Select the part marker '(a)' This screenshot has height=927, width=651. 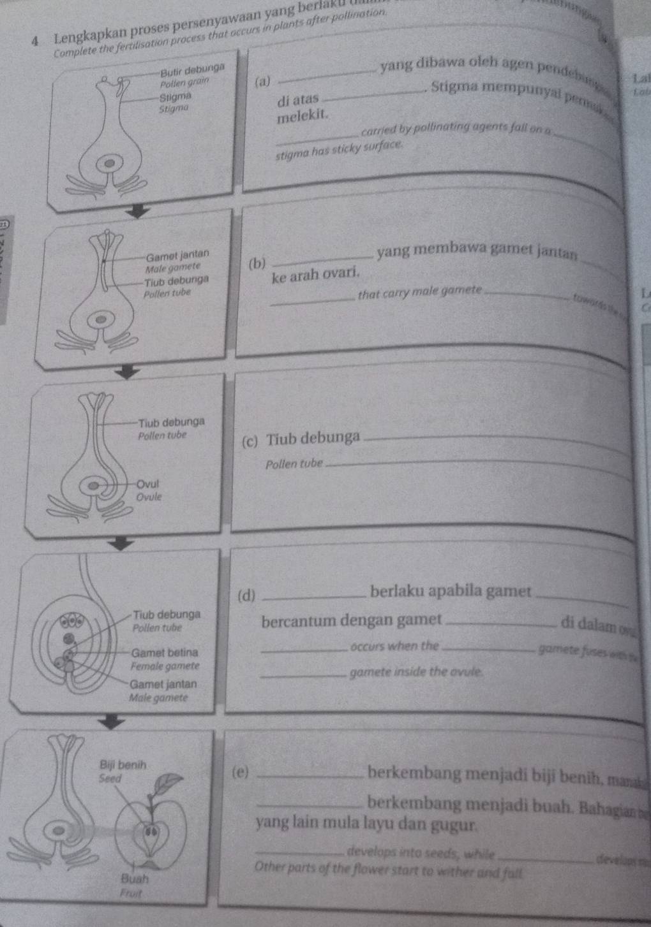[x=262, y=82]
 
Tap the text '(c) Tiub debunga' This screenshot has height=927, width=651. [x=301, y=439]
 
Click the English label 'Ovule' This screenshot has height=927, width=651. [x=150, y=496]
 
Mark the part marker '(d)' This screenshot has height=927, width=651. [x=246, y=596]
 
